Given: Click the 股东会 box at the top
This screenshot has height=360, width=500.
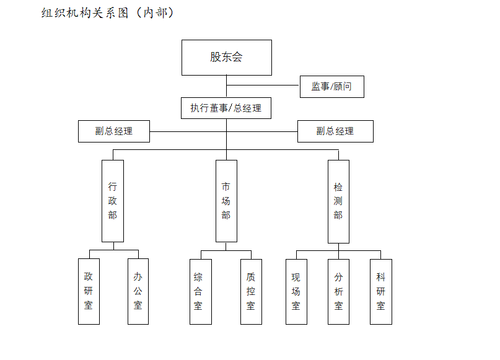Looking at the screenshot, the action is pos(227,58).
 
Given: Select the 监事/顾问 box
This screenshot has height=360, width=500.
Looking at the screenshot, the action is pos(332,86).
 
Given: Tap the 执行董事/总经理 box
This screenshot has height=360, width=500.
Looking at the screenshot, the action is pos(226,108).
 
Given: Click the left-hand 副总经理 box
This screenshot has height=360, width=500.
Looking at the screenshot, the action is pos(114,131).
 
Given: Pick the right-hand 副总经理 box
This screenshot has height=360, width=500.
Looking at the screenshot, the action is pos(335,131).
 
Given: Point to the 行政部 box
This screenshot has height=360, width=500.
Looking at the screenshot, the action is pos(113,201).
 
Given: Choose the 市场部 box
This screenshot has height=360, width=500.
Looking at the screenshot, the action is pos(226,201).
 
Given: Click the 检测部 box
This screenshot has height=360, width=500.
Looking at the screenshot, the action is pos(338,201).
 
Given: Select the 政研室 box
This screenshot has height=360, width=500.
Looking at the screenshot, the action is pos(89,291).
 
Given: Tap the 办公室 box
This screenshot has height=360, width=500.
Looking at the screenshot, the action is pos(138,291).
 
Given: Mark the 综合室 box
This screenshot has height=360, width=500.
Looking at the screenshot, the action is pos(201,292).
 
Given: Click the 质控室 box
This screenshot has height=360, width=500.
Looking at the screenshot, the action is pos(251,292).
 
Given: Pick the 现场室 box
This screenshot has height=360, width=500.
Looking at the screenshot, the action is pos(296,292).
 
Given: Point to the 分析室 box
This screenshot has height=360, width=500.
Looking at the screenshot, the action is pos(338,292).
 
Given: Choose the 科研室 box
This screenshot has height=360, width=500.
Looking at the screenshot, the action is pos(381,292).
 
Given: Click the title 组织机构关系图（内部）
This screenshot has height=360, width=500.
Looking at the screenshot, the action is pos(107,13).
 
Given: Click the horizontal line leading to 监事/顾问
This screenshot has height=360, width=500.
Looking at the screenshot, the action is pos(263,85).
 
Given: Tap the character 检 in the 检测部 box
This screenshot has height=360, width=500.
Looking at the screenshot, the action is pos(338,187).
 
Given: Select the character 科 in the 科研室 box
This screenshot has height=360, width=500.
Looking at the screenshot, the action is pos(380,277).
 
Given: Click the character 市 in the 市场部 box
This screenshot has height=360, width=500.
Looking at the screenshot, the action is pos(226,187).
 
